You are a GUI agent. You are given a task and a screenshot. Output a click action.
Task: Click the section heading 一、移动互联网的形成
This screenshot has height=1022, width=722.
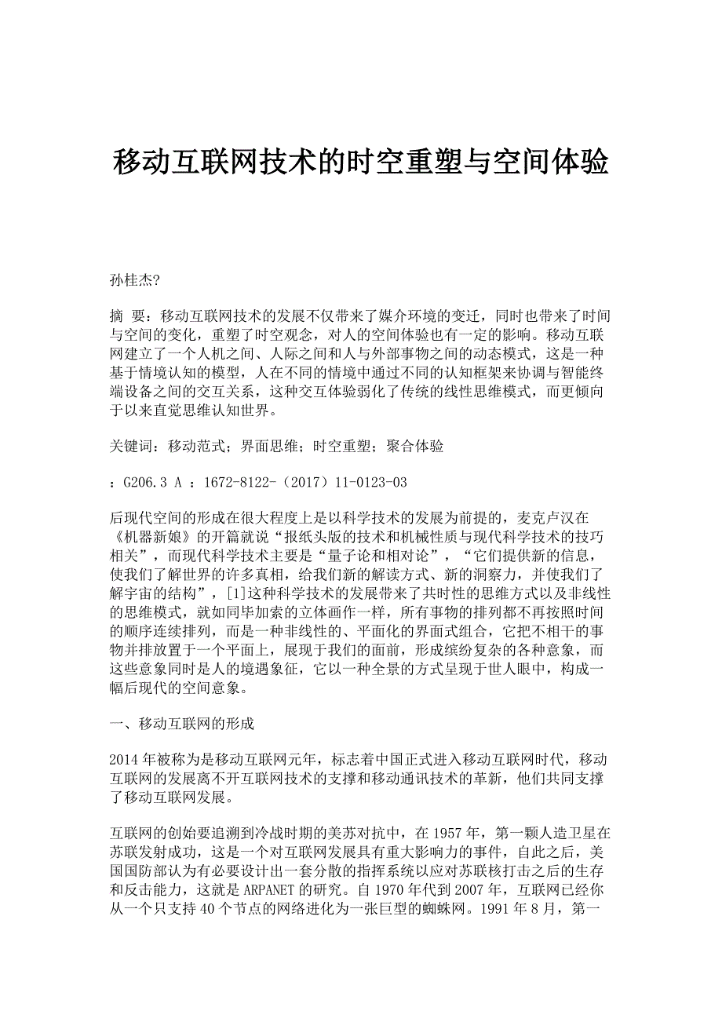(182, 723)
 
